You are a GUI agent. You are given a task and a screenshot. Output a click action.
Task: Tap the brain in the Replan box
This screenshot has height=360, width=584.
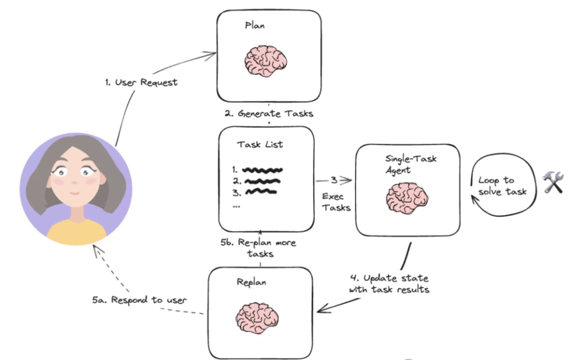point(258,317)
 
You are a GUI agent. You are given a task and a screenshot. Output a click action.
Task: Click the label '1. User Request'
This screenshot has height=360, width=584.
point(141,82)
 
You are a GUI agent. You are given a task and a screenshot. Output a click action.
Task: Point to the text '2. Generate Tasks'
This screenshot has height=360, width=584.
point(269,113)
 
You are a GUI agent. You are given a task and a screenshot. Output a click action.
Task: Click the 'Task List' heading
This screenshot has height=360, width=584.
point(260,144)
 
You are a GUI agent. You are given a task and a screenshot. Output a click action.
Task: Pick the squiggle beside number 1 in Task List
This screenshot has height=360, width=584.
point(262,169)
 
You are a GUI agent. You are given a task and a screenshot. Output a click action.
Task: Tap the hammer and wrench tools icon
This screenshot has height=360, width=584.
point(553,183)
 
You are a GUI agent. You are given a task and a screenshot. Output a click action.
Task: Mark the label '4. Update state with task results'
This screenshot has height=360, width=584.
point(389,284)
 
